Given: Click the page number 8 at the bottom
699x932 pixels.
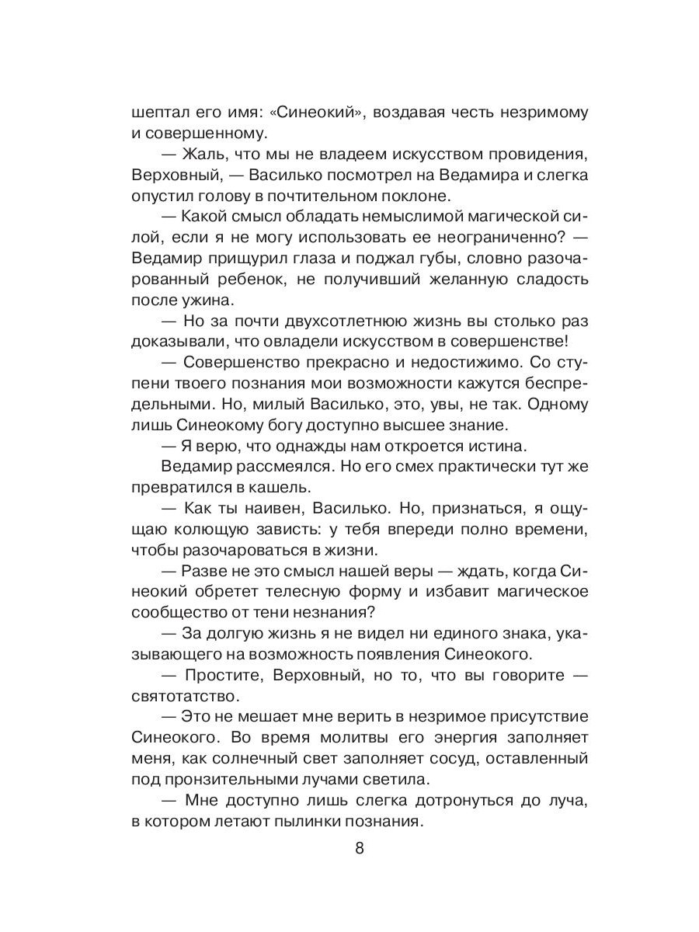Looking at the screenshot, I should [359, 848].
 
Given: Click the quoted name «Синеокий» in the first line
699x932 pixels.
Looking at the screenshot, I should [311, 113].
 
